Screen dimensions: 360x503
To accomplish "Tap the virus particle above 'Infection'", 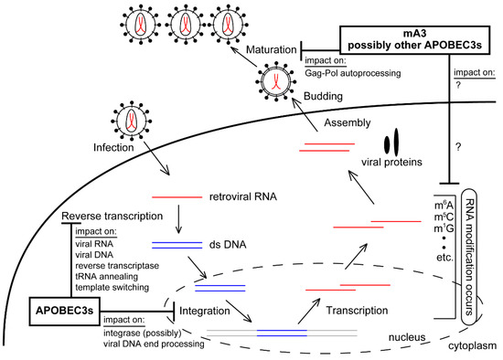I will click(x=123, y=116).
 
